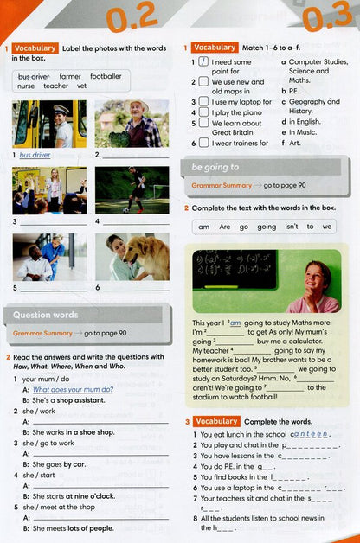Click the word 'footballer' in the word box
(105, 76)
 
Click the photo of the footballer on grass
(132, 190)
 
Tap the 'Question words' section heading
(45, 315)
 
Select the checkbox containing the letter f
(202, 62)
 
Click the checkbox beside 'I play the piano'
(202, 112)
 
